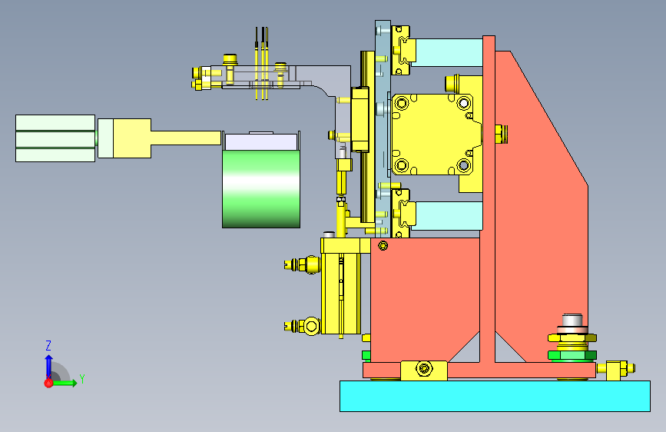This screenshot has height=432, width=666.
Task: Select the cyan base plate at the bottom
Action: tap(495, 397)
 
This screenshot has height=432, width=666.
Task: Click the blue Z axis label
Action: tap(48, 345)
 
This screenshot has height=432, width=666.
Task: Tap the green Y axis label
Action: tap(82, 378)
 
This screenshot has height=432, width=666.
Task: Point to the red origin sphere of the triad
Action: tap(48, 383)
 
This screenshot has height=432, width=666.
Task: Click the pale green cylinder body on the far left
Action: tap(55, 138)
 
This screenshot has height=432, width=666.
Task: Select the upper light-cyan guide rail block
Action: tap(449, 53)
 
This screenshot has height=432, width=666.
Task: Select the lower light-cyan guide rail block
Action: tap(449, 216)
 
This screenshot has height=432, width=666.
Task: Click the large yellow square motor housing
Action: tap(435, 135)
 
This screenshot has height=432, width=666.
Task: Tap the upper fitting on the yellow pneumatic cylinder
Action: tap(303, 264)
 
